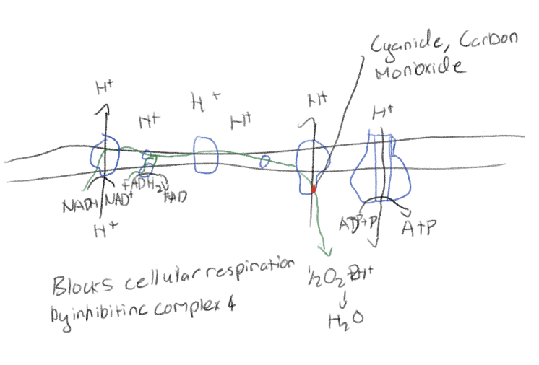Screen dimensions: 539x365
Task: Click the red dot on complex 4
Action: [314, 189]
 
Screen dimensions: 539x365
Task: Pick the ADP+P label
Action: [358, 224]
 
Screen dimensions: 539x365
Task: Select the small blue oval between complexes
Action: [266, 159]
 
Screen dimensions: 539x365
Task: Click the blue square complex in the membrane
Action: [207, 151]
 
